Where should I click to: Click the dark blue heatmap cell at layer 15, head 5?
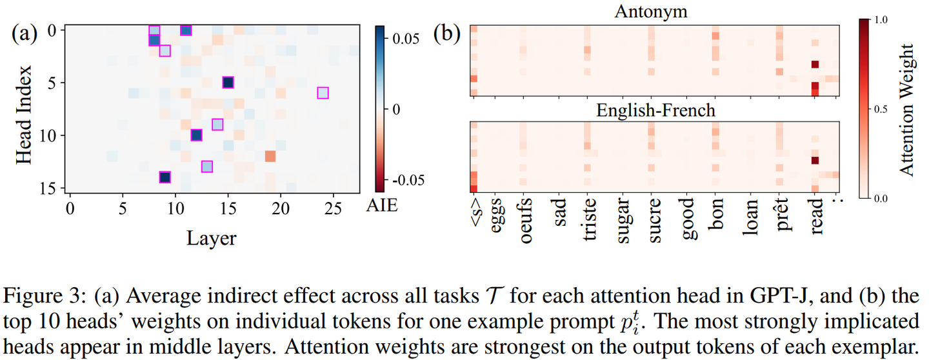coord(228,82)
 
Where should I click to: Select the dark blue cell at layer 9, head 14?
coord(165,177)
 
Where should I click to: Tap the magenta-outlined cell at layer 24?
coord(323,93)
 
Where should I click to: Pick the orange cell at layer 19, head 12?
coord(270,156)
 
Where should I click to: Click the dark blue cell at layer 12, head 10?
coord(196,135)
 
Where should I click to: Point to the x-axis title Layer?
coord(212,238)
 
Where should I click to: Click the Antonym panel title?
coord(655,11)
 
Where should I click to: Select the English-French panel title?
coord(655,110)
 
